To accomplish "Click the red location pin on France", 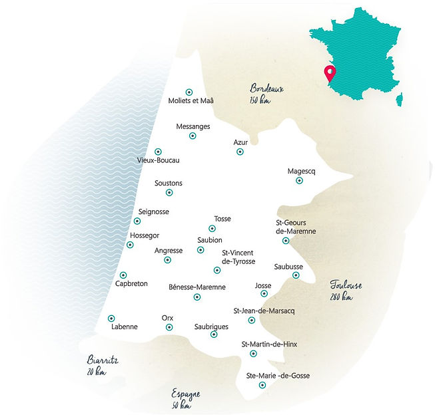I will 328,72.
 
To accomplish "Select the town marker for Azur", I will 240,152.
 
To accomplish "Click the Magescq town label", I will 300,170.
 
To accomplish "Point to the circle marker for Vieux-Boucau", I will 158,152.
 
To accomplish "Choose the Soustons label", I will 169,183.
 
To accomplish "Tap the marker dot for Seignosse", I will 137,221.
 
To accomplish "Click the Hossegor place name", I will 146,235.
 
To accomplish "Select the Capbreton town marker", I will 123,275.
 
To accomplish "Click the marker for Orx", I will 169,327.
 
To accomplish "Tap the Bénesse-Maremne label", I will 197,287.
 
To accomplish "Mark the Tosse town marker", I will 213,229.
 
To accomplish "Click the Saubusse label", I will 288,267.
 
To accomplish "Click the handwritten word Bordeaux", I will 266,88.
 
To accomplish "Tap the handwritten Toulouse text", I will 346,285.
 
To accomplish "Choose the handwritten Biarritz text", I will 103,360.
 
